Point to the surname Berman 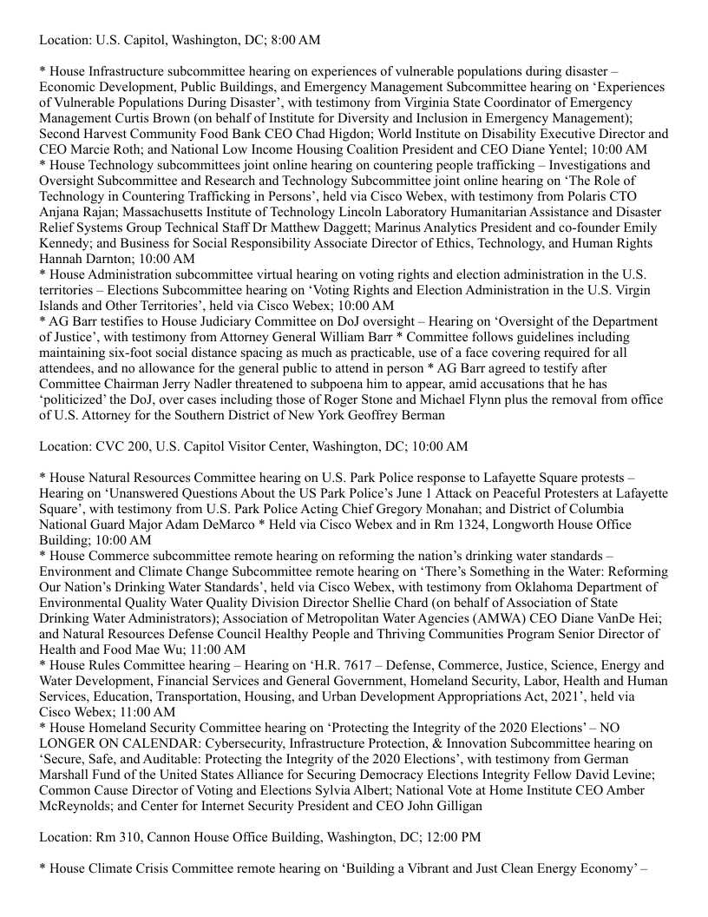click(420, 415)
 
